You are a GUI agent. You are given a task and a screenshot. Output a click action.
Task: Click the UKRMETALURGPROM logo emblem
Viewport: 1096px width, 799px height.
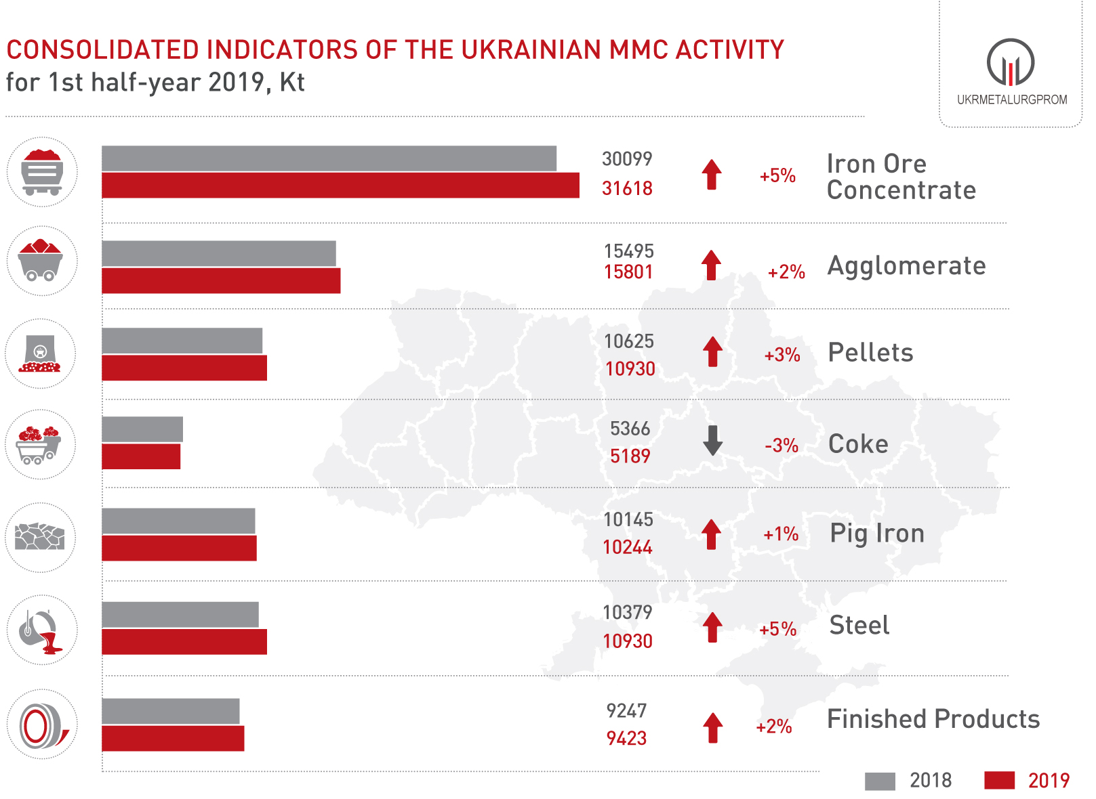[1011, 62]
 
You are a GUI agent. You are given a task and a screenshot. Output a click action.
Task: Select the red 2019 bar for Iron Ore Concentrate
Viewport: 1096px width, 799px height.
[340, 186]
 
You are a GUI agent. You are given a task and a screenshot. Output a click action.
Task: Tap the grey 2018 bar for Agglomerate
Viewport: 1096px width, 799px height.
[219, 253]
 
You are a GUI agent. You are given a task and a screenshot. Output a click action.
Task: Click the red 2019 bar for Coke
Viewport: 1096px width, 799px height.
[141, 456]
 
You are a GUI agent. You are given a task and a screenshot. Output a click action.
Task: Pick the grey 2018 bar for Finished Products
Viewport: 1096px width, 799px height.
[171, 711]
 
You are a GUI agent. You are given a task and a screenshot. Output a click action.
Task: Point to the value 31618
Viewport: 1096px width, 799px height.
[627, 188]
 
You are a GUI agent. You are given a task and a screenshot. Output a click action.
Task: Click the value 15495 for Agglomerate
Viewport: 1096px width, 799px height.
[628, 251]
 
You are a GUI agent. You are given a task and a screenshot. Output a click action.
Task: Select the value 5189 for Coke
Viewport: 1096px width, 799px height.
[630, 456]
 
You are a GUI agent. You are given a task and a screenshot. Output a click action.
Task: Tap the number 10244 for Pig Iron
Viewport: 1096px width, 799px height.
[627, 547]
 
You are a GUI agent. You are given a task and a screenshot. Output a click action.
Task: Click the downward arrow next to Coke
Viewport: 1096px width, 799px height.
[712, 440]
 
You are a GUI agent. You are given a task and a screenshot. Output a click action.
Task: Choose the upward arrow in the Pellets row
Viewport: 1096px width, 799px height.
[712, 351]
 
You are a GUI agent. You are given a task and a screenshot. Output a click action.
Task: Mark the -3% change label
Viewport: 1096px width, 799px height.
[781, 446]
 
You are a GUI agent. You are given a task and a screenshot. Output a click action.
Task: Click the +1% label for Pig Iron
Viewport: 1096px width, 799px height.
[781, 534]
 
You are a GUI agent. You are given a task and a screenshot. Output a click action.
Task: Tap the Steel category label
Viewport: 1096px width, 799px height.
[859, 625]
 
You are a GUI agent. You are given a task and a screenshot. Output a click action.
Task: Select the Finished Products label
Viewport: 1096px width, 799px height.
[933, 719]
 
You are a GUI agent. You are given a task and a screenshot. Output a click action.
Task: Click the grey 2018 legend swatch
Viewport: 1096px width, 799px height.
[880, 781]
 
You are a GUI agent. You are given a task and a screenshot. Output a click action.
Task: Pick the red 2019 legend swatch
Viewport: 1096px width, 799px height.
[999, 781]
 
